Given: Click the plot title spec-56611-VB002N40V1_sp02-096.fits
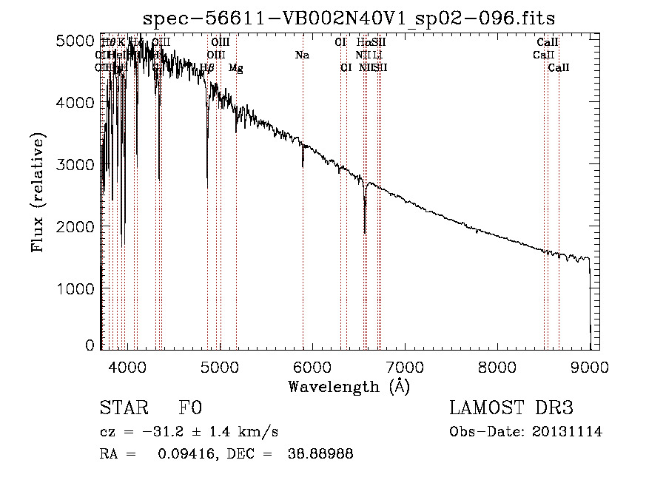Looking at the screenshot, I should (350, 18).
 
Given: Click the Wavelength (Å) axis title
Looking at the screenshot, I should (349, 386).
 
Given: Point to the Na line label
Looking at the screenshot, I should (302, 55).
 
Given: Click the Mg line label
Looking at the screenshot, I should (235, 68).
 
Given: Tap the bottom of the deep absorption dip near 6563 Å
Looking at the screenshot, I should (365, 232).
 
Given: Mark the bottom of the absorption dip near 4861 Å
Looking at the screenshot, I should (207, 178).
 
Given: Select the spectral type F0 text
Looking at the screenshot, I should (190, 409).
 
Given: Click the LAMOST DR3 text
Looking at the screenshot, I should (511, 409).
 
